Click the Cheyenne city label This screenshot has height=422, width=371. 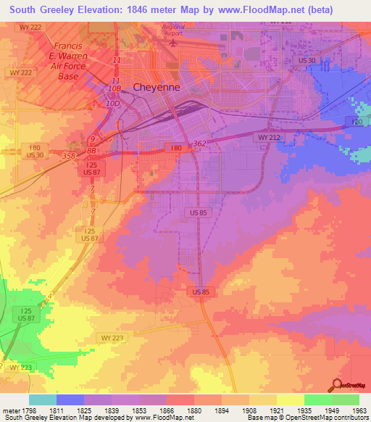tap(155, 87)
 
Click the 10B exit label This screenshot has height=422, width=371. tap(114, 88)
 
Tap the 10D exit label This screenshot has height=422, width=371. tap(112, 104)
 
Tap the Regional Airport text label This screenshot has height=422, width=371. tap(173, 30)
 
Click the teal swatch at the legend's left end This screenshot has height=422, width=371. tap(42, 400)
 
